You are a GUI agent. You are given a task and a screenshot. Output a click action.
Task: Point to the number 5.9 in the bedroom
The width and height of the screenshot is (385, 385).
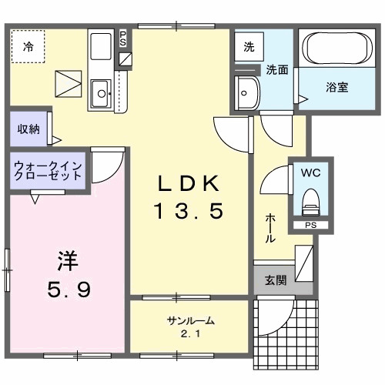tap(67, 290)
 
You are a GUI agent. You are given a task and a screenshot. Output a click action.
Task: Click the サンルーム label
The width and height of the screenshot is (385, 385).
tap(189, 321)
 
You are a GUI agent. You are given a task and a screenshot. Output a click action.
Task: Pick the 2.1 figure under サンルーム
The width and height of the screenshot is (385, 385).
tap(189, 333)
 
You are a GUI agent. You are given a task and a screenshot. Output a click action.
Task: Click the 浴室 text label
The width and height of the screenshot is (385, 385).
tap(337, 87)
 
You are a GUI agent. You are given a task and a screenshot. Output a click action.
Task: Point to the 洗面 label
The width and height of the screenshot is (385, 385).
tap(277, 69)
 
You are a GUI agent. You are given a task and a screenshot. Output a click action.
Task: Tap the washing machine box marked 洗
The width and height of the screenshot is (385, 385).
tap(249, 46)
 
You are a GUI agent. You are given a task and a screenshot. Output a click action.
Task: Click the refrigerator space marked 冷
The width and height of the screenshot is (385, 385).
tap(28, 45)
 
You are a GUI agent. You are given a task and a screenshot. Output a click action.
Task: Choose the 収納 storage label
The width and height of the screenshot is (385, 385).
tap(28, 129)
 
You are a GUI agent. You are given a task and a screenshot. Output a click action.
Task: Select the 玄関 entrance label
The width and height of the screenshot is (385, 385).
tap(276, 281)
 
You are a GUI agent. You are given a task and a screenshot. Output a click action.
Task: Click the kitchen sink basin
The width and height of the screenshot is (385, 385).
tap(100, 95)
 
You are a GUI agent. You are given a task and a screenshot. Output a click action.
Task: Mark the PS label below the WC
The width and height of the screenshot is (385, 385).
tap(310, 226)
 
